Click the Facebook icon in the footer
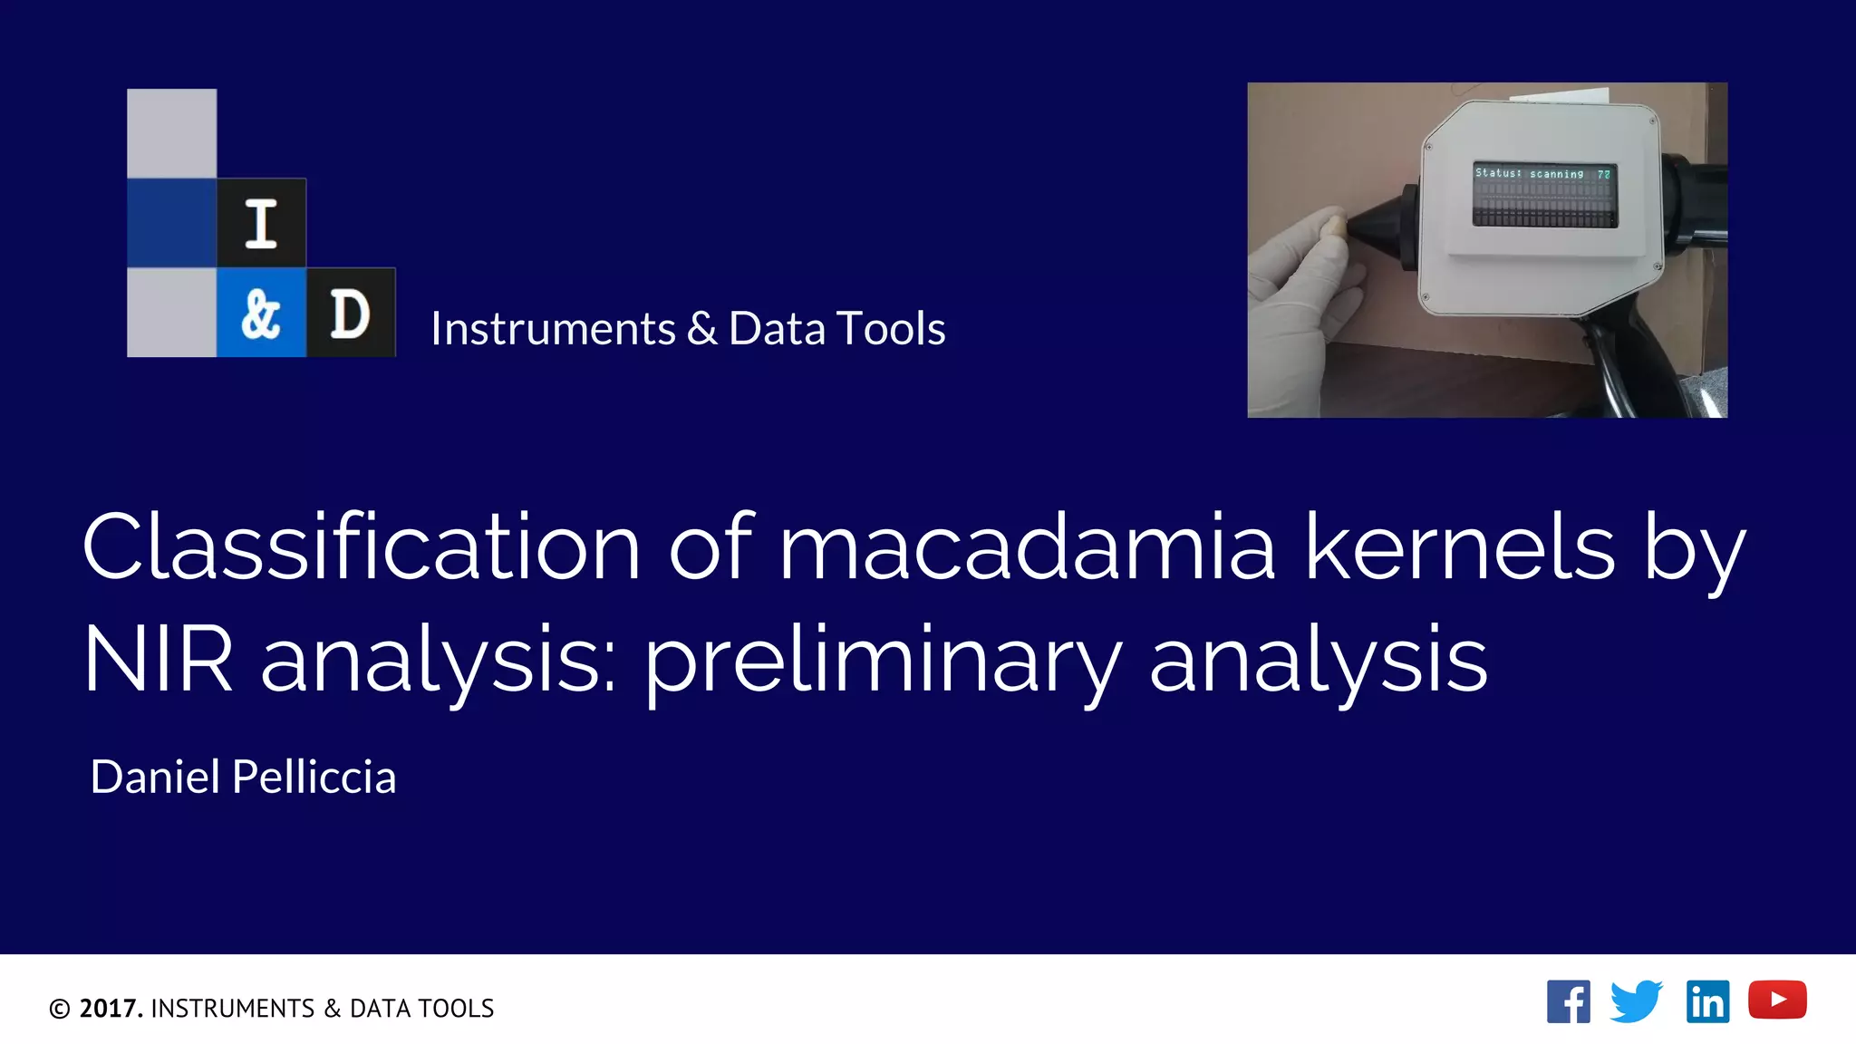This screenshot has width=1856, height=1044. pos(1568,1001)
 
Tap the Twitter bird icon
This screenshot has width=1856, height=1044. pos(1636,1001)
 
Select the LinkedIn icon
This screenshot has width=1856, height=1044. pos(1707,1001)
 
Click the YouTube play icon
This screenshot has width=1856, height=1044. pos(1777,1000)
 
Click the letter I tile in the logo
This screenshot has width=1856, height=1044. pos(261,223)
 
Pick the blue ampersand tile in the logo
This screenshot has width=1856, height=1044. pos(261,314)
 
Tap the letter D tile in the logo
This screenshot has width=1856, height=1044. pos(351,314)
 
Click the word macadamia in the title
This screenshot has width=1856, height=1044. pos(1027,547)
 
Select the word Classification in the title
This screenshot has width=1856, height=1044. pos(361,547)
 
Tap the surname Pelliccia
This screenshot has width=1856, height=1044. pos(314,777)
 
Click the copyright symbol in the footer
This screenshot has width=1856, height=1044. pos(60,1009)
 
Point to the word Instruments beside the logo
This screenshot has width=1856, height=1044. pos(553,328)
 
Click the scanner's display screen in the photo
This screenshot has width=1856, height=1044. pos(1544,196)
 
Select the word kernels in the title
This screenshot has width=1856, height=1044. pos(1459,547)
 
